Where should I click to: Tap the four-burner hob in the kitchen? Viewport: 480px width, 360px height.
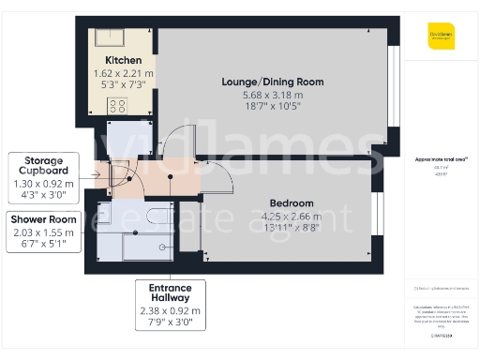point(118,106)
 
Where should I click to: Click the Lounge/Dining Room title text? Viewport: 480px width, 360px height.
point(272,82)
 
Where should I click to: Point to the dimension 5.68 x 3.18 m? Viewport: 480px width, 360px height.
point(272,95)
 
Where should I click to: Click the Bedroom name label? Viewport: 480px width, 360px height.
point(292,203)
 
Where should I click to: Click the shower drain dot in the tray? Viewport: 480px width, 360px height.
point(163,247)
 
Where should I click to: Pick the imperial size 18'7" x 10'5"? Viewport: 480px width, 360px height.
point(272,108)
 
